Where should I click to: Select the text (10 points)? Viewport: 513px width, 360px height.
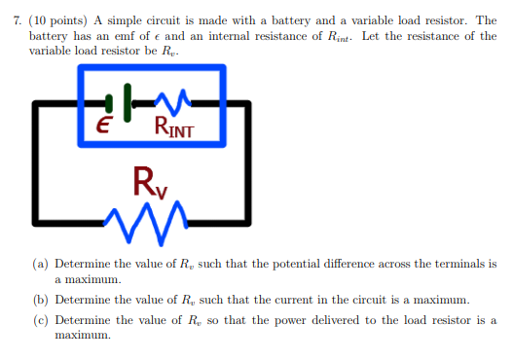tap(58, 20)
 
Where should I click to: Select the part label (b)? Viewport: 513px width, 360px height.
tap(42, 301)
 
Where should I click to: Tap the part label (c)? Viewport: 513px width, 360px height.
tap(42, 319)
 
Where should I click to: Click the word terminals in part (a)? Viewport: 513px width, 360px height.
tap(455, 264)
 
